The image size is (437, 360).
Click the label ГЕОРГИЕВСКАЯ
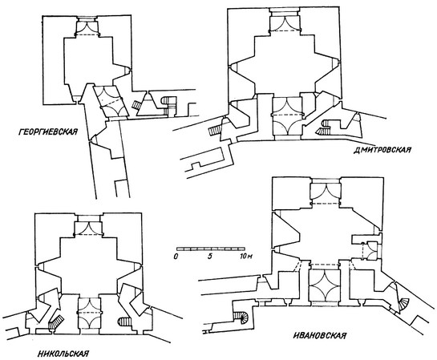point(48,131)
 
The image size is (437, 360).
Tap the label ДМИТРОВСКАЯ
point(382,150)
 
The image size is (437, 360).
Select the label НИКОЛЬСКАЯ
point(63,354)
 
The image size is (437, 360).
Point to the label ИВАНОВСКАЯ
point(320,335)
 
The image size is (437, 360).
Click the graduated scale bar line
point(211,249)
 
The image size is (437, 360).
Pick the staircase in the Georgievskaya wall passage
point(136,105)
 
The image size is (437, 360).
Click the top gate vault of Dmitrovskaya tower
point(285,25)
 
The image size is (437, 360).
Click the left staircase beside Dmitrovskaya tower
point(216,130)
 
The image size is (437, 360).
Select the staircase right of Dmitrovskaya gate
point(324,127)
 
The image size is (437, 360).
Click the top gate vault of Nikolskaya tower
point(88,229)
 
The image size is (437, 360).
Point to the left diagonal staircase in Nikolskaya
point(55,321)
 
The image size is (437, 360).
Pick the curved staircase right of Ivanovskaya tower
point(403,304)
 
